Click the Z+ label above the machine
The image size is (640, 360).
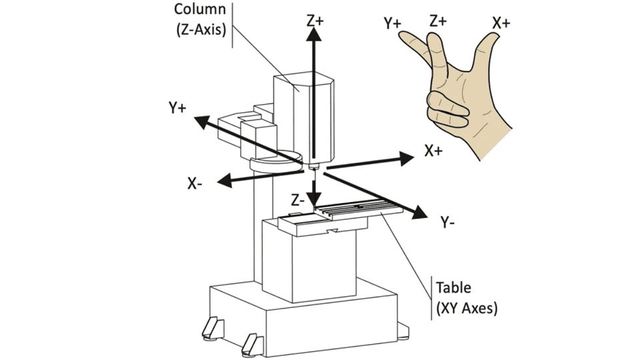(315, 20)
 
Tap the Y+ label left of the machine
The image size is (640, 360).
(177, 107)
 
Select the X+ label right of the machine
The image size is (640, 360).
(433, 151)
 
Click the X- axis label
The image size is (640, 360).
(195, 184)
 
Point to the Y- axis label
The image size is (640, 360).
(448, 223)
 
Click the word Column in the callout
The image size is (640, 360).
(199, 10)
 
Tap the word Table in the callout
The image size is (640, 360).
(453, 288)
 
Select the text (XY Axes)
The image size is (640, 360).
(467, 309)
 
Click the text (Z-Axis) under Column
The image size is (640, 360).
(199, 29)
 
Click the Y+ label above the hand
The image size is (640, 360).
(393, 23)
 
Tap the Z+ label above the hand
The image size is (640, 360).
(438, 20)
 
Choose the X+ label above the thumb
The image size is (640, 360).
(501, 23)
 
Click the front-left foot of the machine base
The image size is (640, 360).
(252, 343)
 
